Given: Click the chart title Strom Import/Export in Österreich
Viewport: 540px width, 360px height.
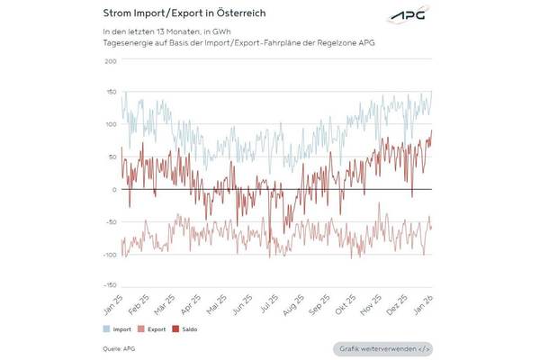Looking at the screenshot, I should coord(178,13).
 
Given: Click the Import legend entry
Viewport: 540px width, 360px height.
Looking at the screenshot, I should coord(121,329).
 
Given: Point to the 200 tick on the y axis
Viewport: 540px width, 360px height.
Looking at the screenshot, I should coord(111,61).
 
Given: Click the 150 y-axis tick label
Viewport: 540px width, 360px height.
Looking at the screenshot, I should coord(111,93).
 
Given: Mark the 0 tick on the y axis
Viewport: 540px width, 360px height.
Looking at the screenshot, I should coord(114,190).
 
